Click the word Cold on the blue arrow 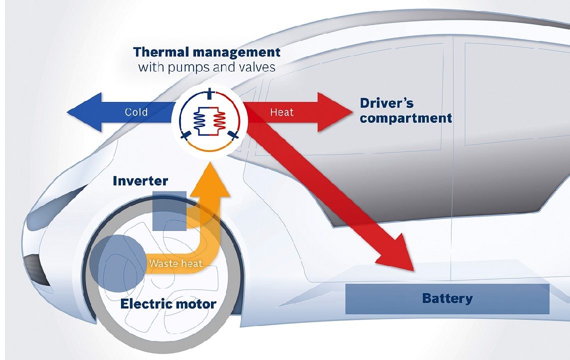[x=136, y=112]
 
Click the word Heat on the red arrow [x=281, y=112]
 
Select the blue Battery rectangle [x=447, y=299]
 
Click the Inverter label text [x=140, y=180]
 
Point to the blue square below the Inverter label [x=169, y=210]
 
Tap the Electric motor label [x=168, y=303]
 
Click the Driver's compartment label [x=405, y=111]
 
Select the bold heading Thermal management [x=207, y=52]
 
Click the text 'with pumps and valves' [x=206, y=67]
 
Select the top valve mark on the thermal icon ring [x=209, y=92]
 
